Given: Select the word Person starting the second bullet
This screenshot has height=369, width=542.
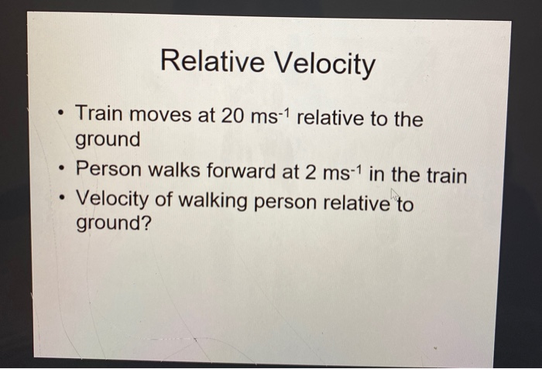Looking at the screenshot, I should click(108, 170).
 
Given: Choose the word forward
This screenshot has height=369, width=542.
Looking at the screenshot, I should click(241, 170).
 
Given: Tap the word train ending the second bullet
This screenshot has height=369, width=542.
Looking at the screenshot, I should click(444, 173).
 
